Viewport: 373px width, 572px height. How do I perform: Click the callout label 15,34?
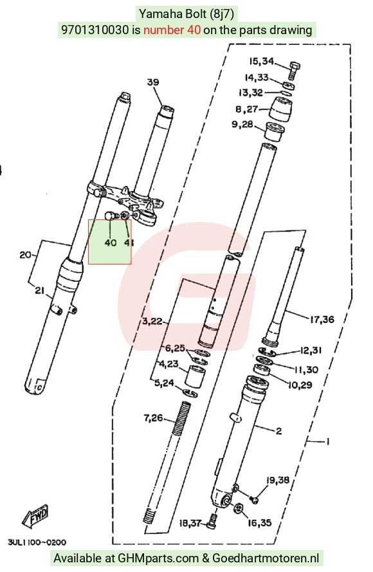[x=261, y=61]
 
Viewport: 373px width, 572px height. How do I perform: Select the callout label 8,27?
[x=246, y=109]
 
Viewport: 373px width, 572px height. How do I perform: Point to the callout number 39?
[x=153, y=82]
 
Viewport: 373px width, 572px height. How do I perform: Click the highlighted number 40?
[x=111, y=243]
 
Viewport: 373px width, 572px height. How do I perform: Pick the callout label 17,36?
[x=322, y=320]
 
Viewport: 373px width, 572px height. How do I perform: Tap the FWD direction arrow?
[x=35, y=516]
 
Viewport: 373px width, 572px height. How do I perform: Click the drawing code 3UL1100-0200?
[x=37, y=542]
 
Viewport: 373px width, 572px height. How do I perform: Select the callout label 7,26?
[x=153, y=418]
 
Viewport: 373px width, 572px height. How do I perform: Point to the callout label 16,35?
[x=260, y=522]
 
